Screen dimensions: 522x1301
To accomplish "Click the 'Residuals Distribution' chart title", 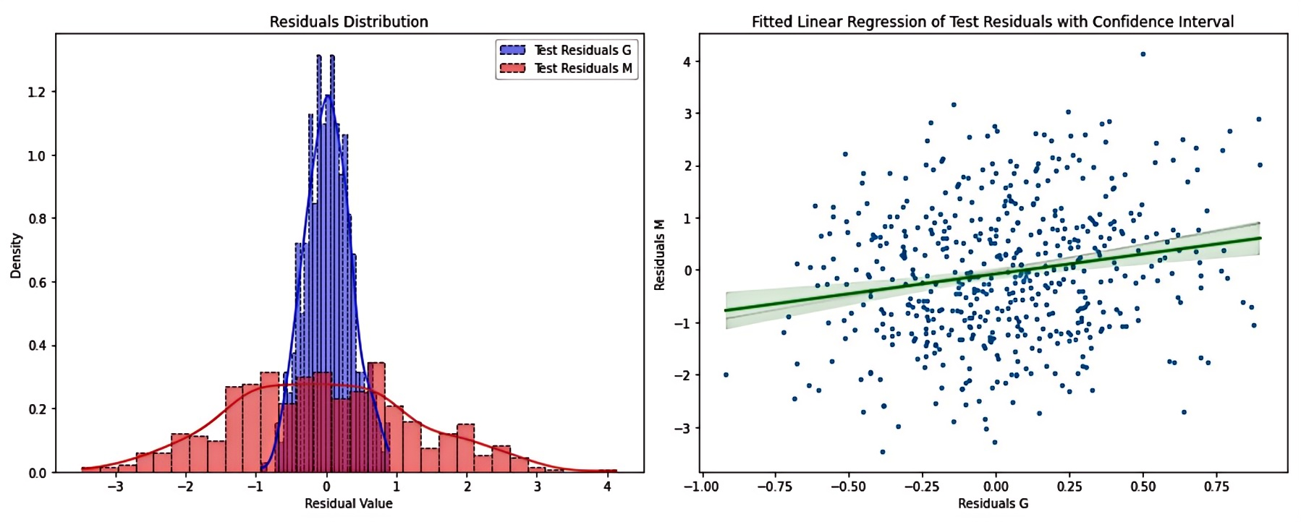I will point(349,22).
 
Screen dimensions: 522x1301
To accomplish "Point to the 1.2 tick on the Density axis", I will point(36,93).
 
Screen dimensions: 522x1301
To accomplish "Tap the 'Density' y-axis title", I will point(16,255).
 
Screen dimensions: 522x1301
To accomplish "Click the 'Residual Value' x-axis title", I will point(349,504).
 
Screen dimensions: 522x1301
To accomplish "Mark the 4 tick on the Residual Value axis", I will point(607,487).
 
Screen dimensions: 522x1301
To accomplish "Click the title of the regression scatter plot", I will point(993,22).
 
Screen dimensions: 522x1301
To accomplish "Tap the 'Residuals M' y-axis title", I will point(659,255).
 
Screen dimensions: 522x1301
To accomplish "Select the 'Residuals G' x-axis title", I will point(993,504).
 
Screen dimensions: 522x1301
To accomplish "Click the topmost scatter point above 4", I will point(1143,54).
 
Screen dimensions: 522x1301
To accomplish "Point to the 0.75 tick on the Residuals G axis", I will point(1216,487).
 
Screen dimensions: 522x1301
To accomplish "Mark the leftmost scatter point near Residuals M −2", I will point(726,375).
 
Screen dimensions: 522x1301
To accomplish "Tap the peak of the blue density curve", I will point(328,95).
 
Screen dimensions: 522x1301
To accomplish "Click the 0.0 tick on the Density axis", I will point(36,473).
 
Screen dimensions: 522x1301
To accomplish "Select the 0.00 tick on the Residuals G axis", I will point(996,487).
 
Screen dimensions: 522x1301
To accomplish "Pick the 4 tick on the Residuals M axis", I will point(687,62).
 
